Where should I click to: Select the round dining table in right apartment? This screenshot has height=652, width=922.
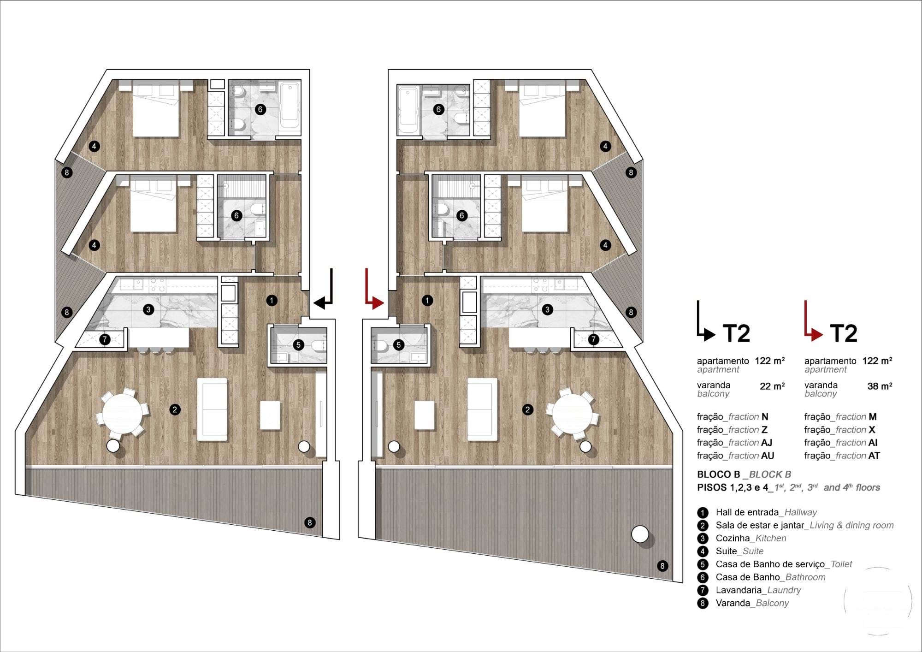click(x=573, y=412)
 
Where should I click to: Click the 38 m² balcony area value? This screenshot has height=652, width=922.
click(x=879, y=386)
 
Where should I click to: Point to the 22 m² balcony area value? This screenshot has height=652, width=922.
click(x=772, y=386)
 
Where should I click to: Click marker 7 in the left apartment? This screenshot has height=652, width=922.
click(x=105, y=340)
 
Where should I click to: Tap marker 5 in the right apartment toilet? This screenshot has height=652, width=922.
click(x=399, y=344)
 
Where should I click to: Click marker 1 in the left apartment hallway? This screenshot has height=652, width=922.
click(x=272, y=300)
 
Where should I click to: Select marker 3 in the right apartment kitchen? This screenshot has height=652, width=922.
click(x=547, y=309)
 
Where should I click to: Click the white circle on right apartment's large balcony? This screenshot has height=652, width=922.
click(x=640, y=535)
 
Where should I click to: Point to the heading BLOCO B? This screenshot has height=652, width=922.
click(x=718, y=474)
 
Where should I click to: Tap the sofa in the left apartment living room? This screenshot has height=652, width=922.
click(x=212, y=409)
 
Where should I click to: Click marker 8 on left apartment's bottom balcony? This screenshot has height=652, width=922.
click(x=310, y=522)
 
